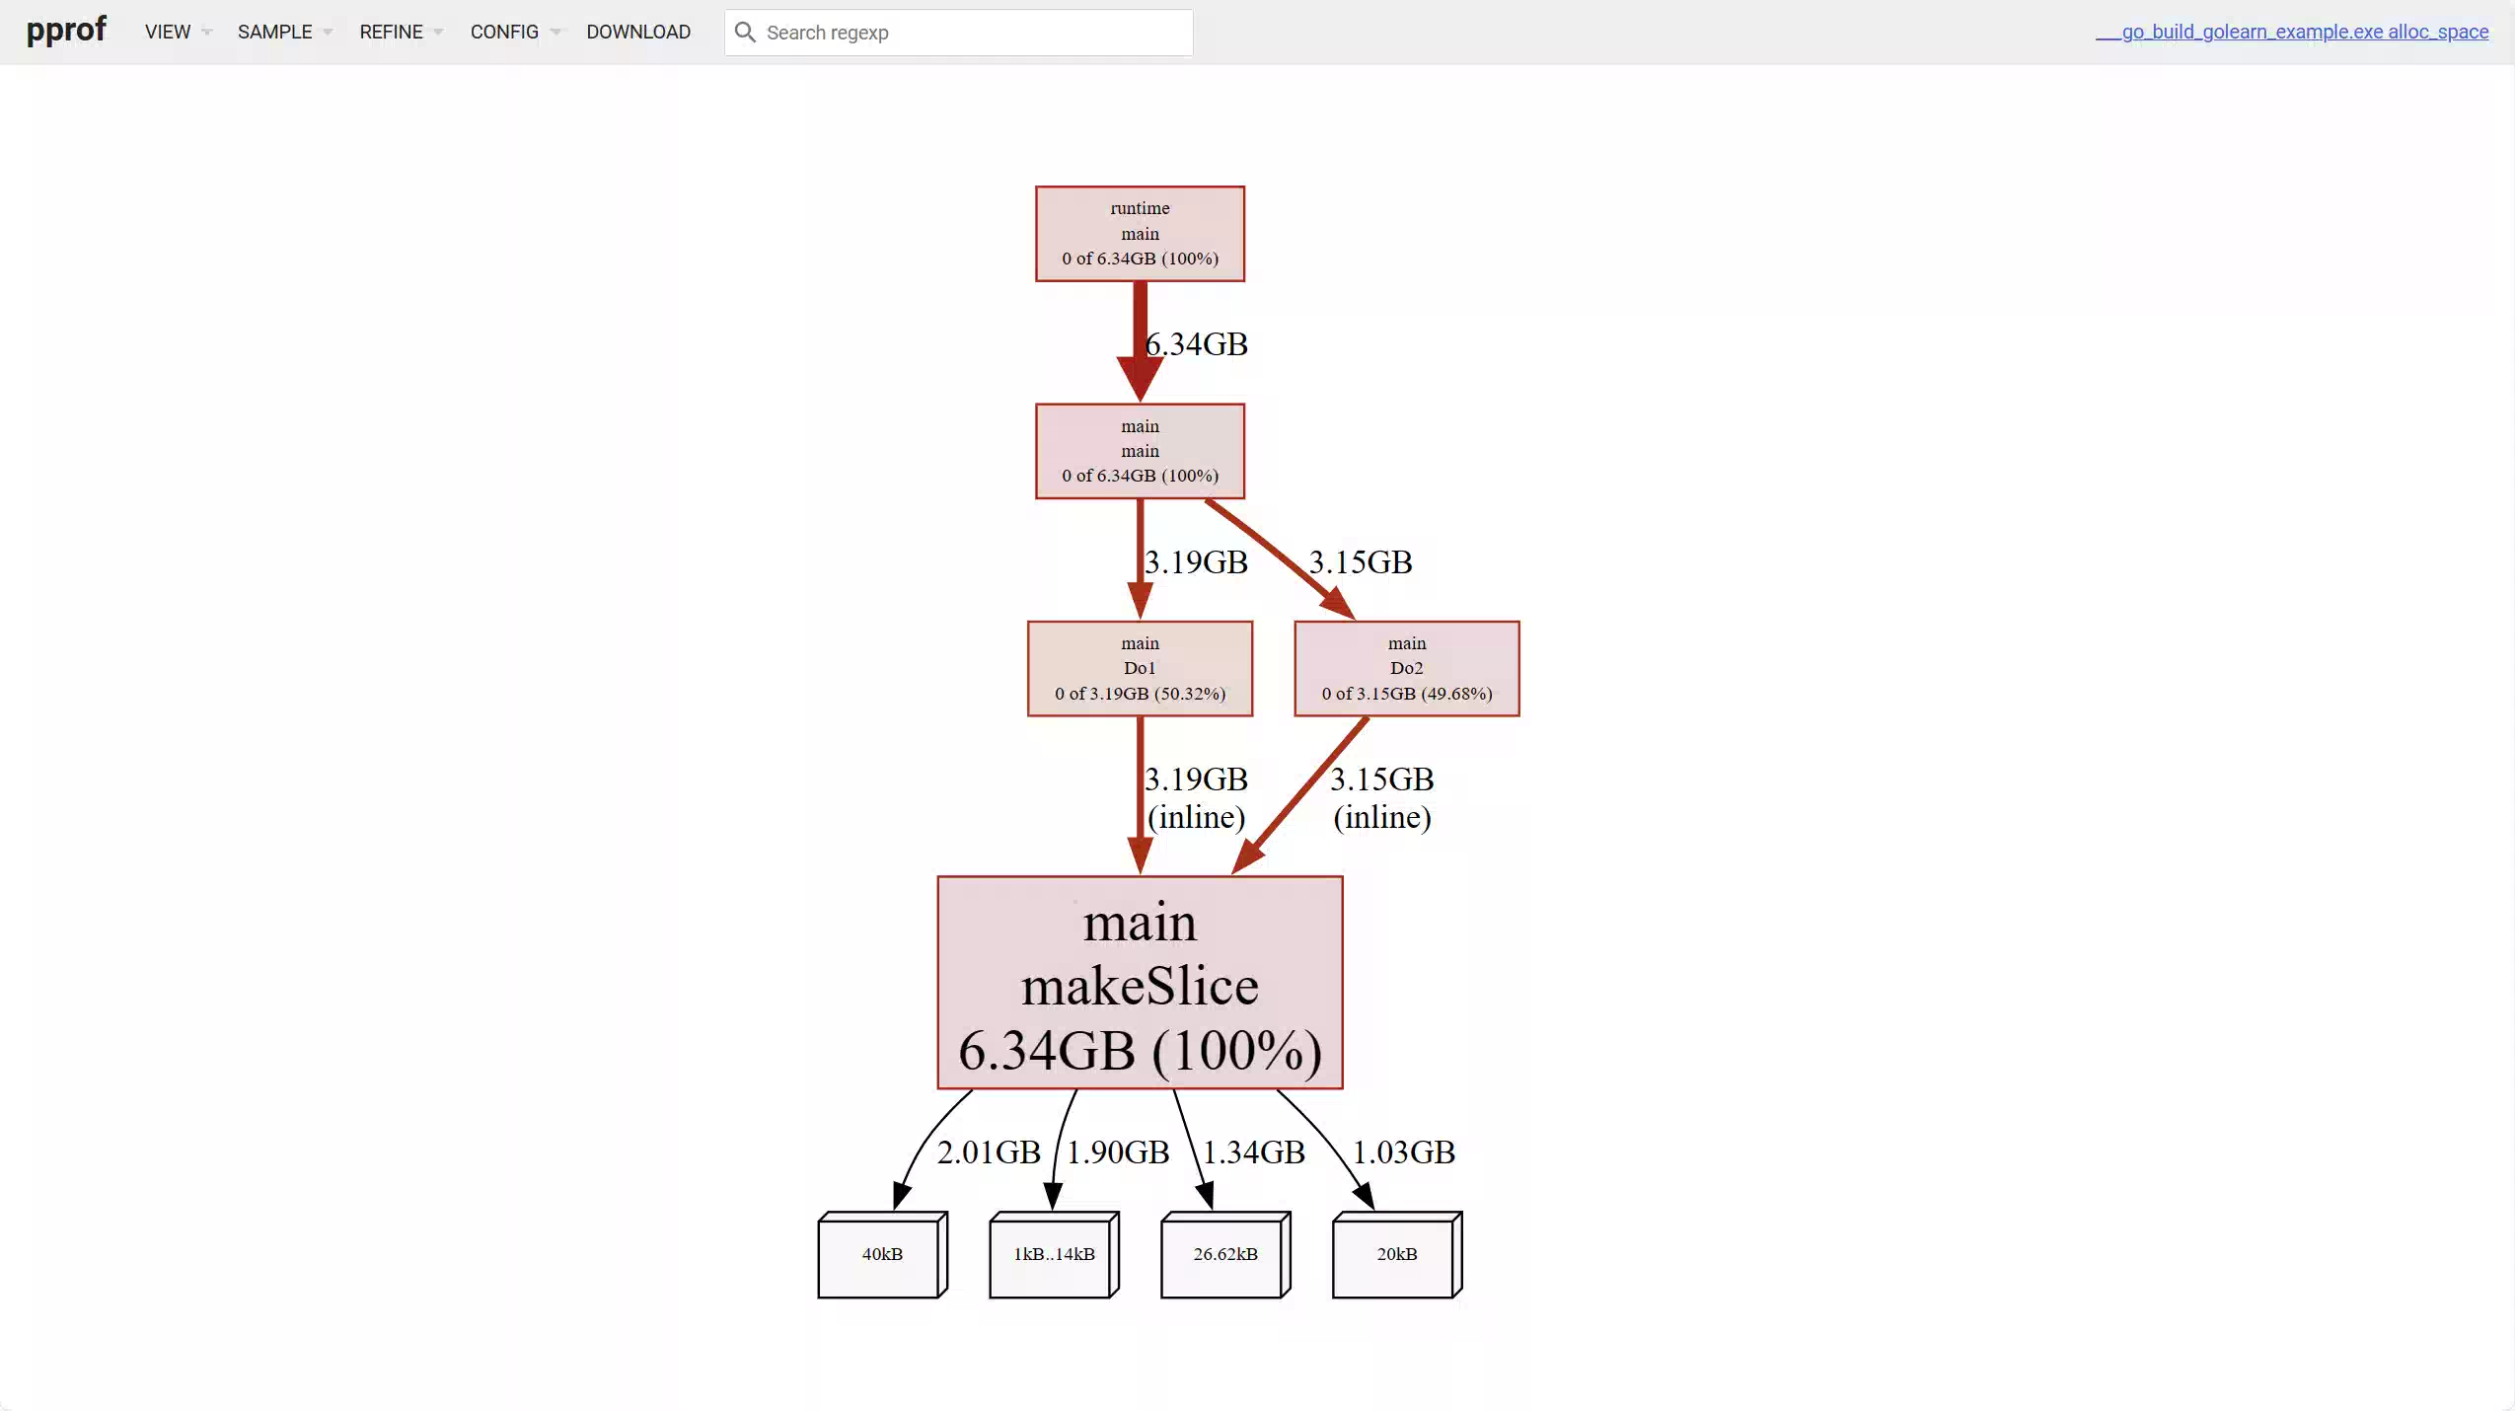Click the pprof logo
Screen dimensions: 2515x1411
(x=66, y=31)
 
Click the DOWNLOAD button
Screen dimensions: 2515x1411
(x=638, y=32)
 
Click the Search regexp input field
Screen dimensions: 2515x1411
(x=958, y=33)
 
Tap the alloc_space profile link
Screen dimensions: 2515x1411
(x=2291, y=32)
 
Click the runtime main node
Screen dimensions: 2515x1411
(x=1140, y=234)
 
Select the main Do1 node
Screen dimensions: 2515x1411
(x=1140, y=668)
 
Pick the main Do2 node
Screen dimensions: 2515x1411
(x=1406, y=668)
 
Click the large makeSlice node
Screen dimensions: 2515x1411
(x=1140, y=983)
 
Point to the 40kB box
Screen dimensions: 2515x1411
(x=882, y=1254)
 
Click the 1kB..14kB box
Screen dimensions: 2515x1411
(x=1054, y=1254)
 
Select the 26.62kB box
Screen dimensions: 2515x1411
(x=1225, y=1254)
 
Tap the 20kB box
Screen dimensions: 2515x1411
(x=1397, y=1254)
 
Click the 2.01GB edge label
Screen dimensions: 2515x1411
(x=989, y=1151)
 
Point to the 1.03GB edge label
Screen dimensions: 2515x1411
(x=1403, y=1151)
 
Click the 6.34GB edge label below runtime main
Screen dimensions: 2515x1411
(x=1196, y=343)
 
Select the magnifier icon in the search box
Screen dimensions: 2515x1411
(x=745, y=33)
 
